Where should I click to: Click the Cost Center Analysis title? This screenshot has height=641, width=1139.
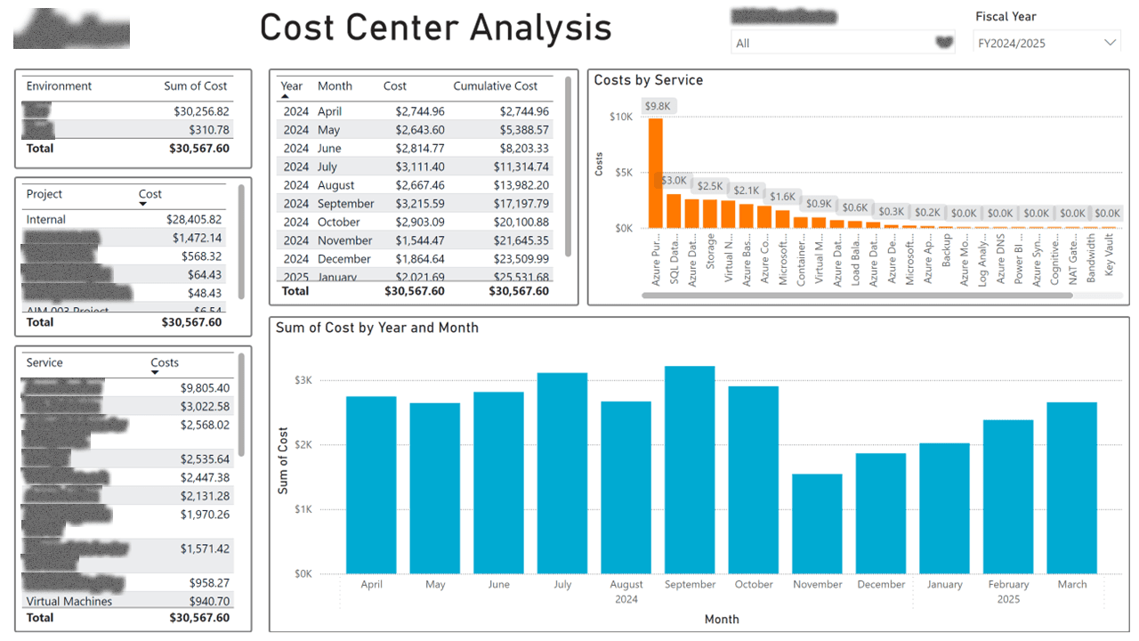coord(435,28)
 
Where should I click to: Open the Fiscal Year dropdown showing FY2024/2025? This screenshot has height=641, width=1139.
coord(1047,43)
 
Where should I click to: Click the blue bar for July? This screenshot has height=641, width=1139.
coord(562,473)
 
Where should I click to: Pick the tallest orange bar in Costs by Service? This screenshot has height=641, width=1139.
coord(656,173)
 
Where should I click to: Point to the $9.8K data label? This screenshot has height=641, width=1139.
coord(658,106)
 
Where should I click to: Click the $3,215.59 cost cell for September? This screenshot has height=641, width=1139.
coord(419,204)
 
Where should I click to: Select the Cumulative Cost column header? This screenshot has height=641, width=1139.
coord(495,86)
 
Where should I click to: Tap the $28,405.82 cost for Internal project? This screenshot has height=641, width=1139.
coord(194,219)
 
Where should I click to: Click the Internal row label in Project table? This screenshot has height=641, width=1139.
coord(46,219)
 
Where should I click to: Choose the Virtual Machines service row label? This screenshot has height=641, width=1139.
coord(69,601)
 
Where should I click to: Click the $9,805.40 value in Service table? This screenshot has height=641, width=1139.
coord(205,388)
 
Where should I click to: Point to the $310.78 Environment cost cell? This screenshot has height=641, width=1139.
coord(207,130)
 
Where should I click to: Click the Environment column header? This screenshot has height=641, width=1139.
coord(59,86)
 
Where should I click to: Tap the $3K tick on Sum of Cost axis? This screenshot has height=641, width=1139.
coord(303,380)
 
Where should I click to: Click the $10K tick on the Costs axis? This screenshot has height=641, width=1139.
coord(620,117)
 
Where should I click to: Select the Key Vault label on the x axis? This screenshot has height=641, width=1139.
coord(1109,258)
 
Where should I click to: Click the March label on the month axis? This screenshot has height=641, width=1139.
coord(1071,584)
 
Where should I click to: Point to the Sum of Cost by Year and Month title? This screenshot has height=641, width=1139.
coord(377,328)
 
